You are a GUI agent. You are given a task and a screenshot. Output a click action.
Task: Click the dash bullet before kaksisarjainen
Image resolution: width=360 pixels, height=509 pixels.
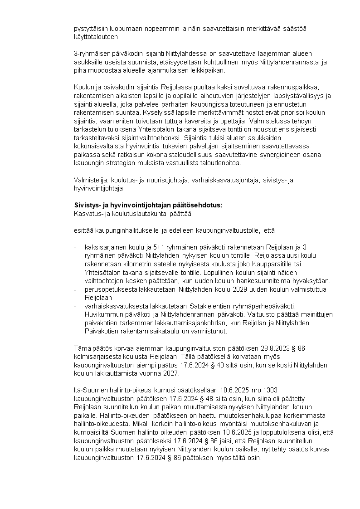(75, 247)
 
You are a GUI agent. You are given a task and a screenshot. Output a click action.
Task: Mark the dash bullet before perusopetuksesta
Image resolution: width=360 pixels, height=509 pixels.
(75, 289)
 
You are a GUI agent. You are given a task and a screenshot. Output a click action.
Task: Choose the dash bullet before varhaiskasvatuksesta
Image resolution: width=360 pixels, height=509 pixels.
(75, 306)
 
